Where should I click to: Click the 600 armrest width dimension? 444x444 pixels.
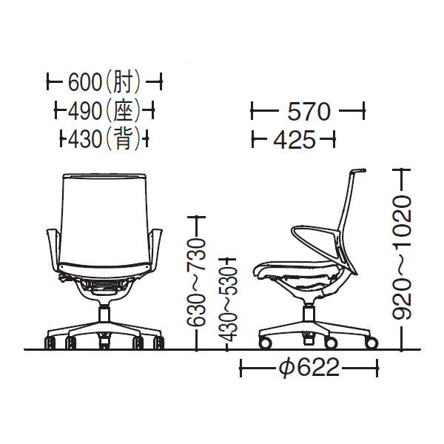pos(85,82)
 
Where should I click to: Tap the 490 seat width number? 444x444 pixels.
pos(84,110)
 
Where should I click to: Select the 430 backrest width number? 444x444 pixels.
pos(84,139)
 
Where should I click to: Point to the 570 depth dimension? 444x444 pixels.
pos(309,111)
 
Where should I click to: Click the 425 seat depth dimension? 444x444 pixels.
pos(295,139)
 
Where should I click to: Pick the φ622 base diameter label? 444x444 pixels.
pos(309,368)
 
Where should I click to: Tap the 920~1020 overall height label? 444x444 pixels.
pos(402,258)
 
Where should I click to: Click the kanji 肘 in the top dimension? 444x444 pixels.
pos(123,82)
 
